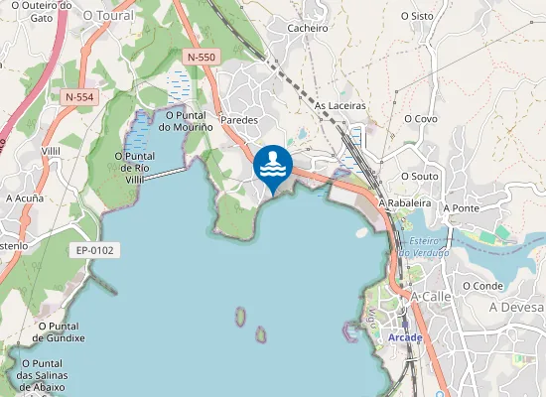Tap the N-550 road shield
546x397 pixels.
[201, 58]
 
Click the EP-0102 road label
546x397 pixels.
[95, 251]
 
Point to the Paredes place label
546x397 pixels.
[238, 120]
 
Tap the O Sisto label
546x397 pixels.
[417, 16]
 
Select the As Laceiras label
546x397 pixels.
[341, 105]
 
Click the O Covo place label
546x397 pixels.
[420, 119]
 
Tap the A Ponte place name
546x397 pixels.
[461, 208]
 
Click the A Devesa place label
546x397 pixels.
[517, 309]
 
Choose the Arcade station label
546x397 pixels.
[405, 337]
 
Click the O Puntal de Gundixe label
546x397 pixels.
[60, 331]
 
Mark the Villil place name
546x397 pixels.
[52, 150]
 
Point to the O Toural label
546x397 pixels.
[108, 16]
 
